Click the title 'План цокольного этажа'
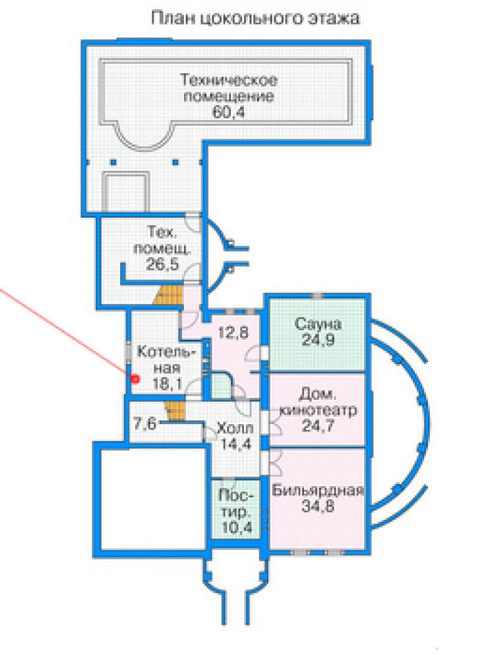255,18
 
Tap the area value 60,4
229,112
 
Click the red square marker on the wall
135,379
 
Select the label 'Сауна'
318,324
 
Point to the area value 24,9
318,340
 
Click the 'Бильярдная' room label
318,490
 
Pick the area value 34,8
318,507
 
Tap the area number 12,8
233,332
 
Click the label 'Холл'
235,429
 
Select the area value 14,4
236,444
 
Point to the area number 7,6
144,424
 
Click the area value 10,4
237,528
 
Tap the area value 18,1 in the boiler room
167,384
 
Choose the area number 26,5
162,264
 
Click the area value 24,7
318,427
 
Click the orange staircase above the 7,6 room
175,412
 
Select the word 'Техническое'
229,79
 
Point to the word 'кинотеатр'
318,410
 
